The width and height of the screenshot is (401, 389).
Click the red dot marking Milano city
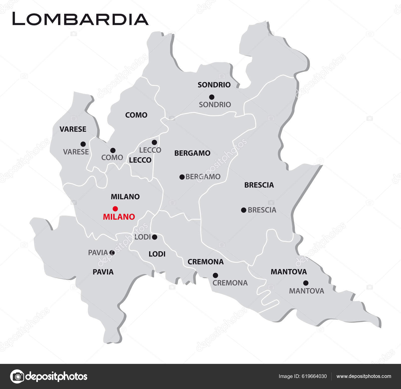pos(115,208)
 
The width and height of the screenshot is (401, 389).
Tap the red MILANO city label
pos(119,217)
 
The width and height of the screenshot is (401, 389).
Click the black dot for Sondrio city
pos(212,97)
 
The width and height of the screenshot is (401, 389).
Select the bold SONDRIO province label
pos(214,85)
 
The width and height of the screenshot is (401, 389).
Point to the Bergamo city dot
pos(182,177)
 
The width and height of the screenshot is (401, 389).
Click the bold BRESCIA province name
pos(259,185)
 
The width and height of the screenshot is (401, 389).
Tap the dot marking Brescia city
pos(244,210)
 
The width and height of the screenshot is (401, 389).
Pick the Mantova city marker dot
pos(306,283)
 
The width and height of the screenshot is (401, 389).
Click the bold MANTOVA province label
pos(289,272)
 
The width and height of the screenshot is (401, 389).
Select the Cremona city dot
pos(215,275)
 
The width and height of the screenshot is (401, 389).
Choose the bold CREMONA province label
pos(206,262)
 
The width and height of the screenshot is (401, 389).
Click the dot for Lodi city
pos(155,237)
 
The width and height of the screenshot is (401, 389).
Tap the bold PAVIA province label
pos(103,272)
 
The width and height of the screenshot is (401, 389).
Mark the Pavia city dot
pos(112,253)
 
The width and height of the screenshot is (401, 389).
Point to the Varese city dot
pos(83,144)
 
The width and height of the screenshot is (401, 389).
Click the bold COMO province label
pos(136,115)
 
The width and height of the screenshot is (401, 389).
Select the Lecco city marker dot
pos(154,142)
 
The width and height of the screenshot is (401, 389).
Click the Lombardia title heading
pos(80,19)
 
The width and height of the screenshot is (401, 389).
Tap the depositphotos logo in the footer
pos(49,376)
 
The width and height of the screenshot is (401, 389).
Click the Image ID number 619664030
pos(314,376)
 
